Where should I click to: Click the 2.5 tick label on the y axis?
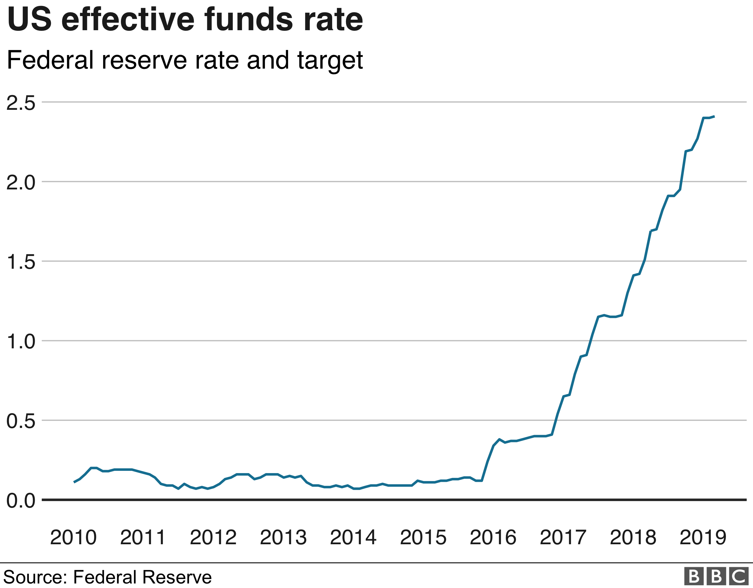(x=21, y=103)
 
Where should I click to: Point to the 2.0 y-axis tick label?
(x=21, y=182)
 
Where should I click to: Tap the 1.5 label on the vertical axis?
(x=21, y=262)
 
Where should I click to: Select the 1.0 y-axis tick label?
(x=21, y=341)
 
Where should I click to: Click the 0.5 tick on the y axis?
(x=21, y=421)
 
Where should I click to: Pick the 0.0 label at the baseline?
(x=21, y=500)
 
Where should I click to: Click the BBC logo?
(x=716, y=576)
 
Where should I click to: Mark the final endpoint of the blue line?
(x=714, y=117)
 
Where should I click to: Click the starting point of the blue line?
(x=74, y=482)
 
